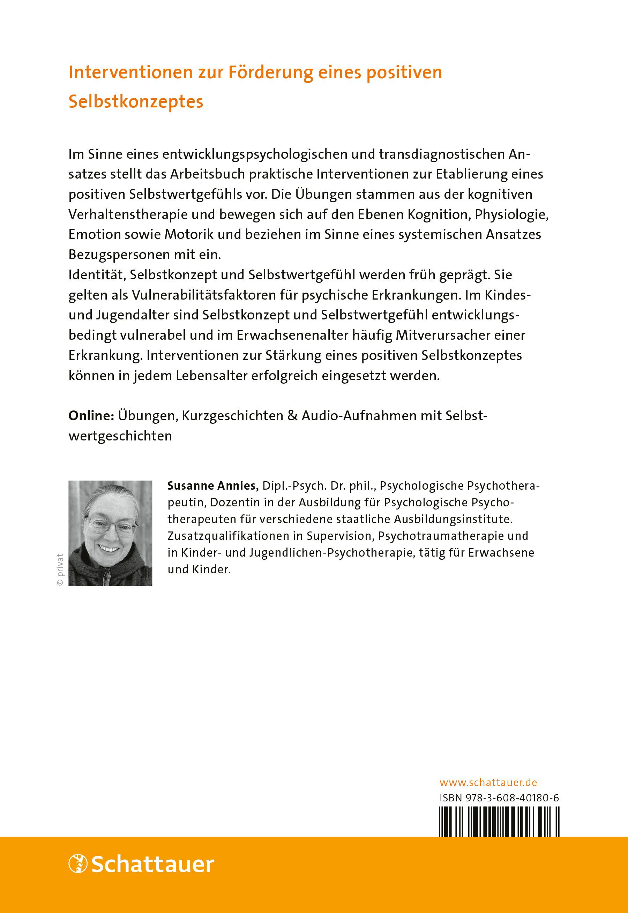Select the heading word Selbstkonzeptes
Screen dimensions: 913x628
pyautogui.click(x=136, y=102)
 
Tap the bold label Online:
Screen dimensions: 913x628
pyautogui.click(x=91, y=416)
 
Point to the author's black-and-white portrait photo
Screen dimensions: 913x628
pyautogui.click(x=110, y=533)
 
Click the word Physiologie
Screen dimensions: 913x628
pyautogui.click(x=511, y=215)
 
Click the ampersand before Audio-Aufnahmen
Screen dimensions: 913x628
pyautogui.click(x=292, y=416)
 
